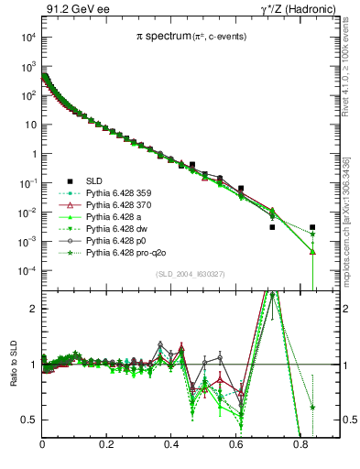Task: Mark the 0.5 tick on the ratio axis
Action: pyautogui.click(x=29, y=420)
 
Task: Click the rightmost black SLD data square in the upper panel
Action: pyautogui.click(x=312, y=227)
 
